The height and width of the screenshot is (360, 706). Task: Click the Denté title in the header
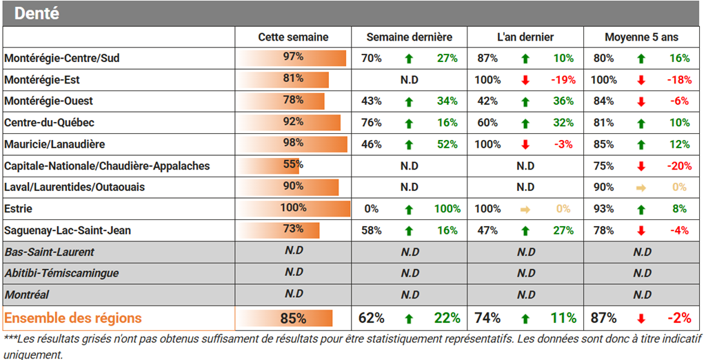coord(37,14)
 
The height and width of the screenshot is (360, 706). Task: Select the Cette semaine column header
coord(293,37)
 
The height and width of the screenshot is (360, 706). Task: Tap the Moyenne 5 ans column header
coord(642,37)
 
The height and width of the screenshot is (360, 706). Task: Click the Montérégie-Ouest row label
coord(49,101)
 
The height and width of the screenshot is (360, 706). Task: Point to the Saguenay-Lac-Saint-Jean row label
coord(68,230)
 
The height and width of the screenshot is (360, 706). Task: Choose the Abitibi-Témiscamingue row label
coord(61,274)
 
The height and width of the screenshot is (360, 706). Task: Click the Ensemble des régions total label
coord(73,318)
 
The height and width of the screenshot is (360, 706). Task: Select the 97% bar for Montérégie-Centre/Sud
coord(291,58)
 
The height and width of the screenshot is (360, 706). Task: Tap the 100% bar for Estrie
coord(293,208)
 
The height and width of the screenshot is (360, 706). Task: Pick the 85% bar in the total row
coord(285,318)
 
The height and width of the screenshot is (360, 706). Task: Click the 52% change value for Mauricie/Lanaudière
coord(447,144)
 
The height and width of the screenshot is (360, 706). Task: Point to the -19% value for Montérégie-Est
coord(563,80)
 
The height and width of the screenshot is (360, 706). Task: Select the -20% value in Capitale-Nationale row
coord(679,166)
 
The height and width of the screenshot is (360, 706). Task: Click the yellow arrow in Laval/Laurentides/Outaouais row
coord(641,188)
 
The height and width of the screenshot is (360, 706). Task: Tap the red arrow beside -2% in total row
coord(641,319)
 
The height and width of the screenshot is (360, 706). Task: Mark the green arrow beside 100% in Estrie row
coord(409,210)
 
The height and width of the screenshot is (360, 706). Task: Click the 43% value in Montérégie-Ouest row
coord(372,101)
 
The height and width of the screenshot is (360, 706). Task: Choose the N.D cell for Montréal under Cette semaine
coord(294,294)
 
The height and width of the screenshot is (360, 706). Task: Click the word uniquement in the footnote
coord(33,354)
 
